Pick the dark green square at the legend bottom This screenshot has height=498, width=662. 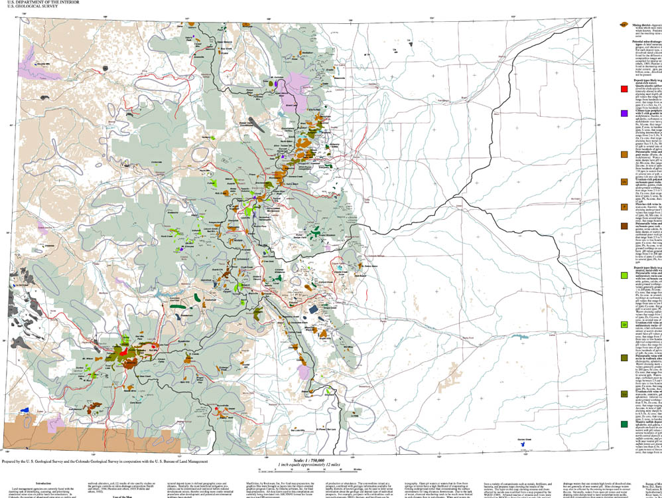[624, 424]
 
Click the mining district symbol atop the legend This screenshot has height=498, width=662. [624, 24]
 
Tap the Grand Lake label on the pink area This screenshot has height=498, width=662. [291, 105]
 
